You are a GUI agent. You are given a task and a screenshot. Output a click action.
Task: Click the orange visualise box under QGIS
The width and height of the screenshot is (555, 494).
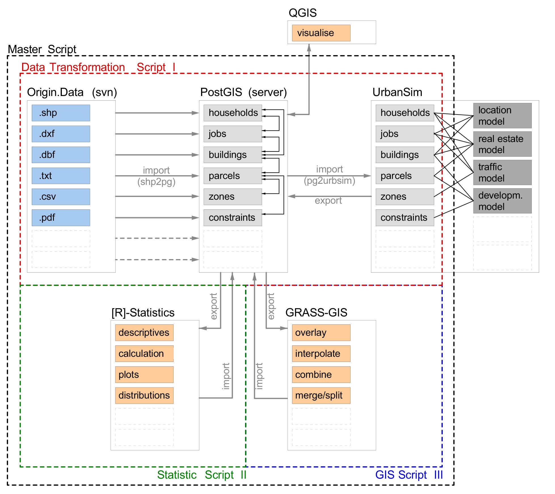[x=321, y=33]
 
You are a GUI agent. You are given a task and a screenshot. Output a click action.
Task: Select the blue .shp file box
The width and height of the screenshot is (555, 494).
[x=61, y=113]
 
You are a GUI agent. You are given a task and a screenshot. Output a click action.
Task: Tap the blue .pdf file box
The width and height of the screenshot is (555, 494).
[x=61, y=218]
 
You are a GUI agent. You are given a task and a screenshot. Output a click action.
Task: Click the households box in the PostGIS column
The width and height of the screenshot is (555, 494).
[x=233, y=113]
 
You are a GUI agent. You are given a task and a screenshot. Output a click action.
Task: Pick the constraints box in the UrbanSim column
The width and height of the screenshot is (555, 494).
[x=405, y=218]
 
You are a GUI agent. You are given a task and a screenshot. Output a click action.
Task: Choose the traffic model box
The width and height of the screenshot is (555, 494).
[x=502, y=172]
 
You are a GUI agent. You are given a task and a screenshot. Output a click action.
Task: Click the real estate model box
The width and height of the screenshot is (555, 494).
[x=502, y=144]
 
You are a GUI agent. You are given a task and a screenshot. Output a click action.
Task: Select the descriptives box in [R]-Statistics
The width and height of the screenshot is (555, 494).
[x=144, y=333]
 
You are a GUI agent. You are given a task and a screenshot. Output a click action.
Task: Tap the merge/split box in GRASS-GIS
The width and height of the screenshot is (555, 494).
[x=321, y=395]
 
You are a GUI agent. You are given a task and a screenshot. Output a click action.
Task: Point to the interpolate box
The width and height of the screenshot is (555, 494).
[x=321, y=354]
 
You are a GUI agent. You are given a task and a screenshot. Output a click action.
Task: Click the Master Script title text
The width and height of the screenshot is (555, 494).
[x=42, y=49]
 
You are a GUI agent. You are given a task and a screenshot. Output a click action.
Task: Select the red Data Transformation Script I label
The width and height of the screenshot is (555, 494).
[x=98, y=67]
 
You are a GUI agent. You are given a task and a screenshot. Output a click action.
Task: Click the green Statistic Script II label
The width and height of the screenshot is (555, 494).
[x=202, y=475]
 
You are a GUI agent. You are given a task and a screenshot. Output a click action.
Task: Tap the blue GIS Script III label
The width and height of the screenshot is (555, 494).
[x=409, y=475]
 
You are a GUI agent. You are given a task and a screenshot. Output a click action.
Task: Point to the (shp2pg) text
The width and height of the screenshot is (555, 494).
[x=156, y=182]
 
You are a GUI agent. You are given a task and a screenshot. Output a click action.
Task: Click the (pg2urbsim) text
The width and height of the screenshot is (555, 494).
[x=329, y=181]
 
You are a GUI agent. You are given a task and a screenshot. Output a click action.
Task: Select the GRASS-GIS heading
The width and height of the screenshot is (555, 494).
[x=316, y=312]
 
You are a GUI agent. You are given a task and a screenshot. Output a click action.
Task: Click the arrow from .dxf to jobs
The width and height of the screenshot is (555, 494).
[x=157, y=134]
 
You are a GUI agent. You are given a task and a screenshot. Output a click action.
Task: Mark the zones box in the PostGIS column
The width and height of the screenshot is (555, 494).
[x=233, y=197]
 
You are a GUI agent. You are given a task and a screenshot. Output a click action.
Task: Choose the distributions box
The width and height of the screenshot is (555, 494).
[x=144, y=395]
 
